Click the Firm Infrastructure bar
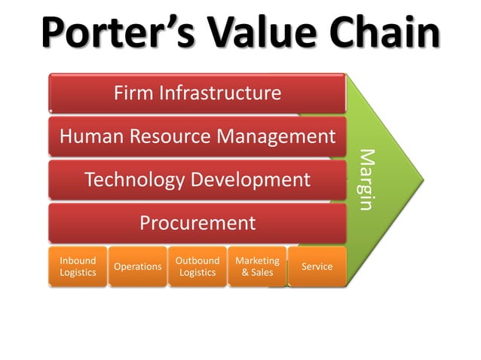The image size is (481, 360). point(198,93)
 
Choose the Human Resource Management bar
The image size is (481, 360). point(198,136)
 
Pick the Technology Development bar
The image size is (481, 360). point(198,179)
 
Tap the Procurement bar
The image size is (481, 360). point(198,223)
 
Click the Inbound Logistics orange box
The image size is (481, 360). point(78,267)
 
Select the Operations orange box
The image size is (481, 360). point(137,267)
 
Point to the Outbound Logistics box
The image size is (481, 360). point(198,267)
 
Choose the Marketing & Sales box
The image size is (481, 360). point(257,267)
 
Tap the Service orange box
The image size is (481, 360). point(317,267)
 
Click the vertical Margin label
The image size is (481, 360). point(366,179)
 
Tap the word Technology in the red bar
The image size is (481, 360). point(135,179)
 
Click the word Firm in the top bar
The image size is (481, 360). point(132,93)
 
